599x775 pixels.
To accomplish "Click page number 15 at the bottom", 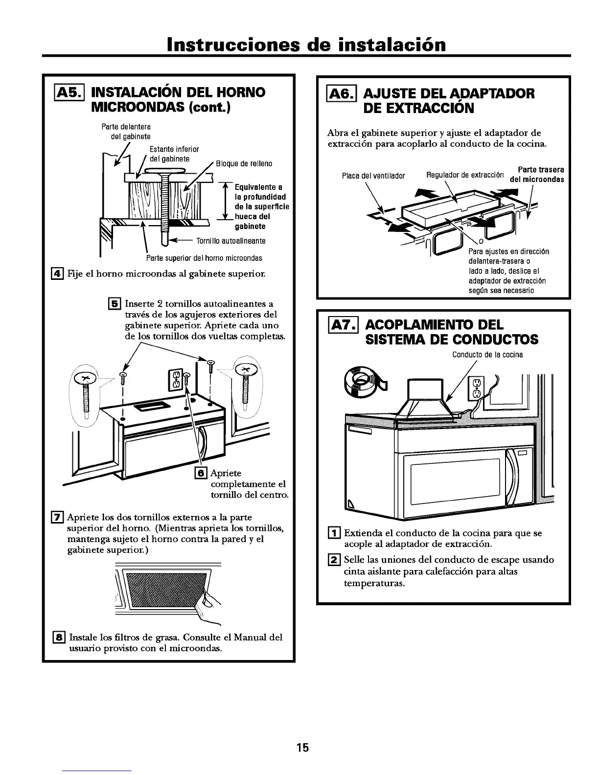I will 302,748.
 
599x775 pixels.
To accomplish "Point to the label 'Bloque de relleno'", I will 244,163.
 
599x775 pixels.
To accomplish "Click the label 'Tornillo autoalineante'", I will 231,241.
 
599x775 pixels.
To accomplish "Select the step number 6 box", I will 201,473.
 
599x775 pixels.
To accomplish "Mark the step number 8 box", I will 59,637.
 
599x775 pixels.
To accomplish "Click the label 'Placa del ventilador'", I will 373,176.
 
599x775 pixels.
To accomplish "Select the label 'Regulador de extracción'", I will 458,175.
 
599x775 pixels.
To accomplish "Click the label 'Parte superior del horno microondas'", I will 204,258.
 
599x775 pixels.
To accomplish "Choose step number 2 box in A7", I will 335,560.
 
